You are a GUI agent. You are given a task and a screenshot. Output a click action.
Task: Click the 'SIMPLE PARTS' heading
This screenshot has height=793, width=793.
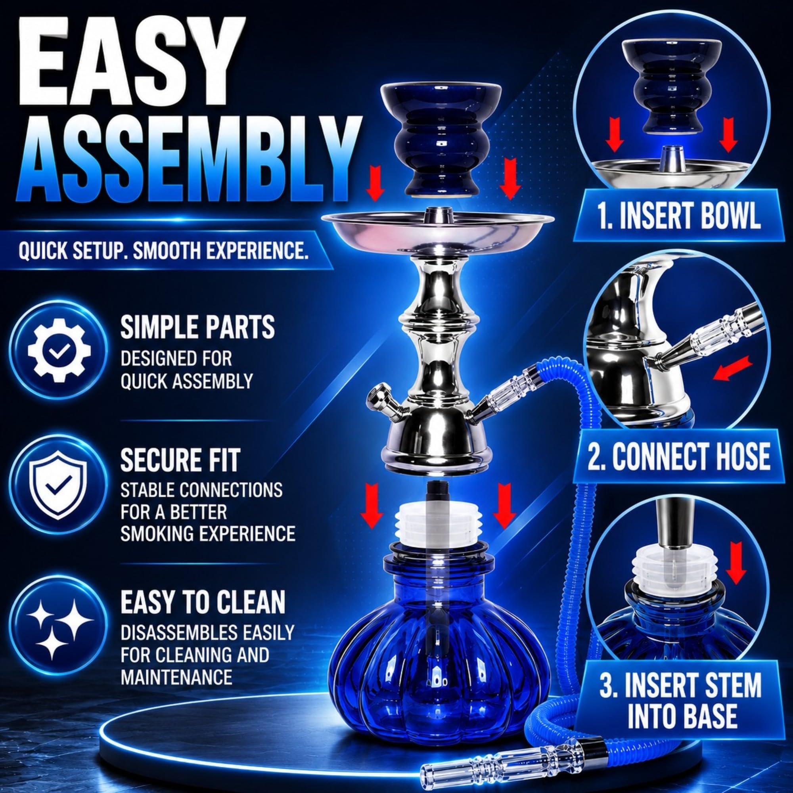[197, 327]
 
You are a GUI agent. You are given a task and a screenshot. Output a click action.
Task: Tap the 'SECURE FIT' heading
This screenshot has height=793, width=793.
[180, 460]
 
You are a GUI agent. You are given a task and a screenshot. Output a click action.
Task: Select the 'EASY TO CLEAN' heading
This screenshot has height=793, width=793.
[203, 602]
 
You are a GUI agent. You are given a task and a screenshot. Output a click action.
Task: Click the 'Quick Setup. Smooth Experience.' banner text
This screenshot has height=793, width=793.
[163, 251]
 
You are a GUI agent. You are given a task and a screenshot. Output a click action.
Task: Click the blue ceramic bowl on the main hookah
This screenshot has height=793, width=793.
[441, 144]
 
